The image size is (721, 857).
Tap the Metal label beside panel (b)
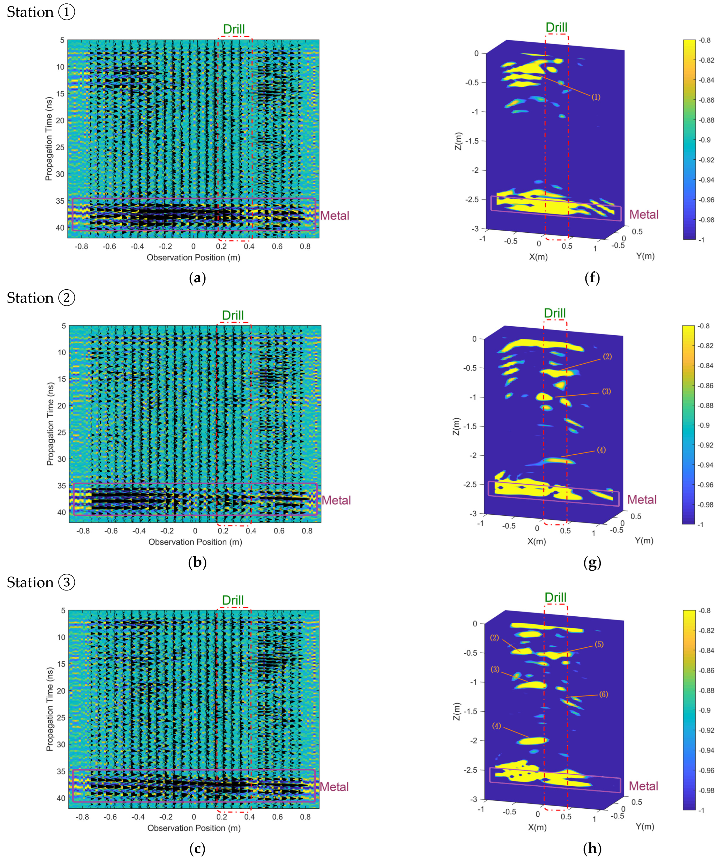coord(336,500)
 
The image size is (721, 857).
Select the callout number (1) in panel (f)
coord(596,97)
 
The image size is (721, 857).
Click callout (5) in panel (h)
coord(599,644)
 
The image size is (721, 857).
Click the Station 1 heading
coord(41,12)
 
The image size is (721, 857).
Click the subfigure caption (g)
coord(592,563)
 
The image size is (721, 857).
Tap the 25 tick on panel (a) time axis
coord(60,147)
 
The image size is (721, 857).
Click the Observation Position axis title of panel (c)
coord(194,828)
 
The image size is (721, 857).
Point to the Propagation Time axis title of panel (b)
coord(50,424)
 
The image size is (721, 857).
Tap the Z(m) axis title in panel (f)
coord(458,141)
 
